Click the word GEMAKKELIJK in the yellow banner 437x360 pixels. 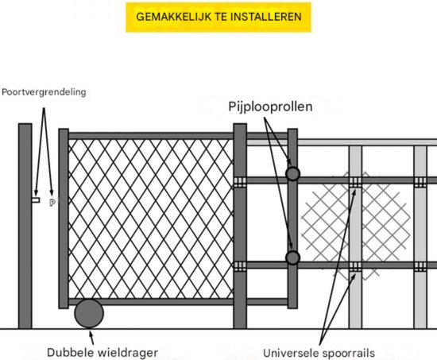172,16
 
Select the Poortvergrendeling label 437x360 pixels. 44,92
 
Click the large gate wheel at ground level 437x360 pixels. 89,312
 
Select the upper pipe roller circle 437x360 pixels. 293,173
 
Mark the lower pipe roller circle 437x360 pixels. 293,257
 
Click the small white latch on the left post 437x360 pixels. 36,200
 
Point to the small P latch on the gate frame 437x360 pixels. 53,203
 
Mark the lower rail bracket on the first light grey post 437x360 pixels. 355,265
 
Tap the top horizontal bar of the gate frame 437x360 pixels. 151,136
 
